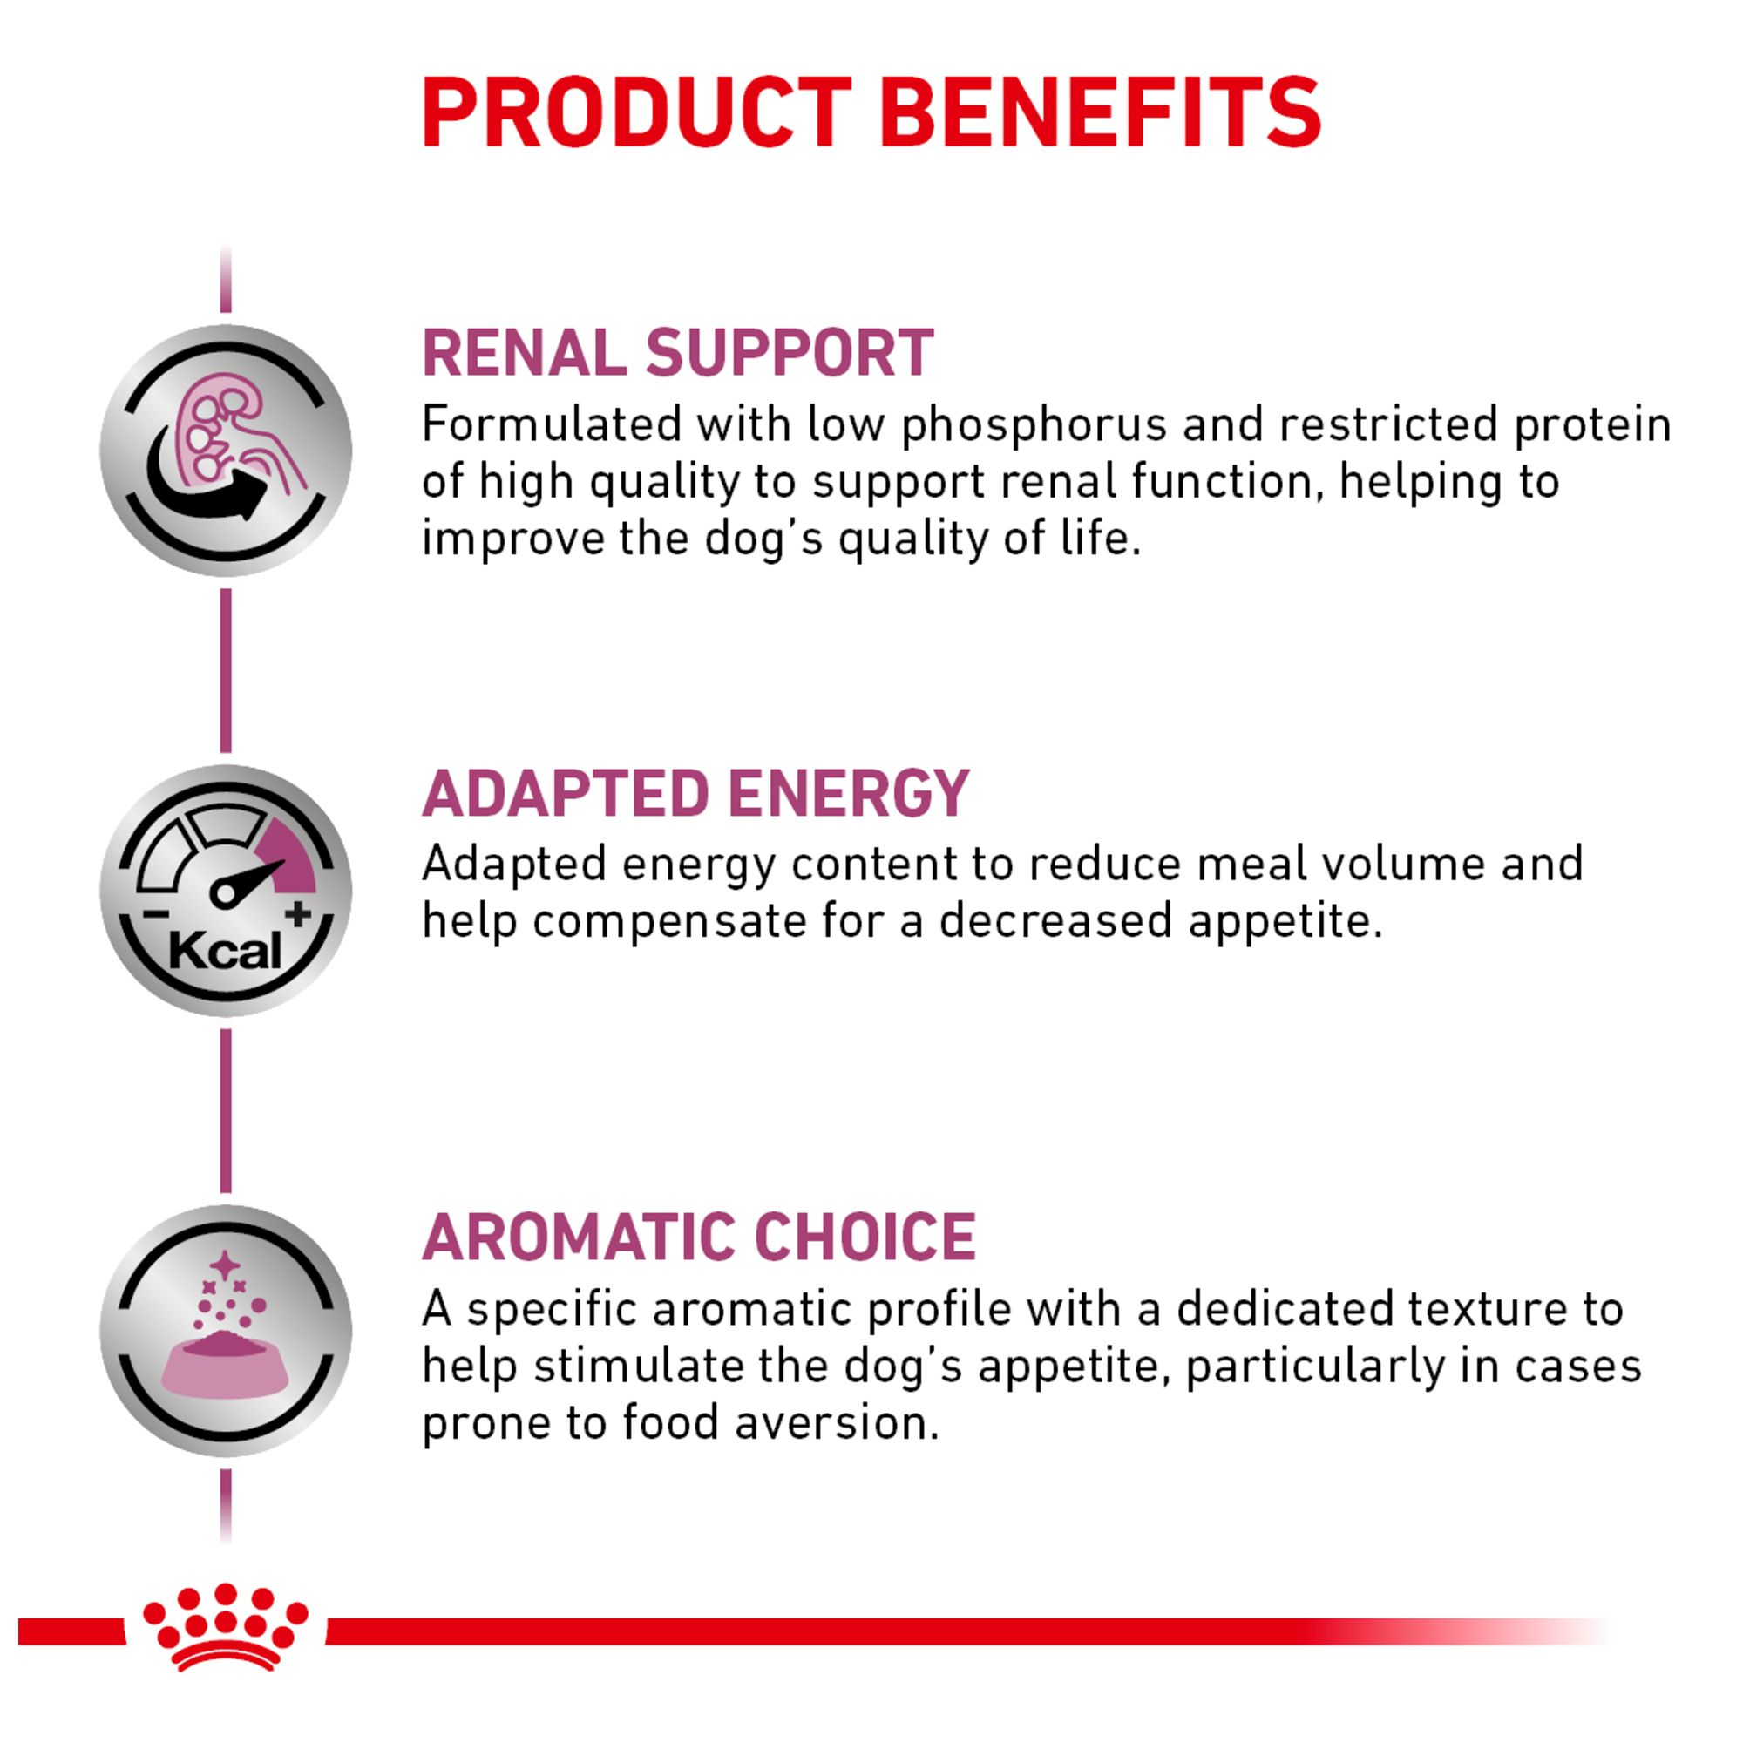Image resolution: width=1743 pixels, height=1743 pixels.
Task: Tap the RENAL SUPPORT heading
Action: (678, 353)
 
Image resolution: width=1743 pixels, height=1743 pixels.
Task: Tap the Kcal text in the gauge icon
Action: (225, 951)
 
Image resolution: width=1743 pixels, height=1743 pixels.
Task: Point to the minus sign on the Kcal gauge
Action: (154, 914)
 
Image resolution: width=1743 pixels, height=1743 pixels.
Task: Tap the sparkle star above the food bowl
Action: (225, 1265)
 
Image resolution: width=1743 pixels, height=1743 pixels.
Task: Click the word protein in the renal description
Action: (1593, 425)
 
